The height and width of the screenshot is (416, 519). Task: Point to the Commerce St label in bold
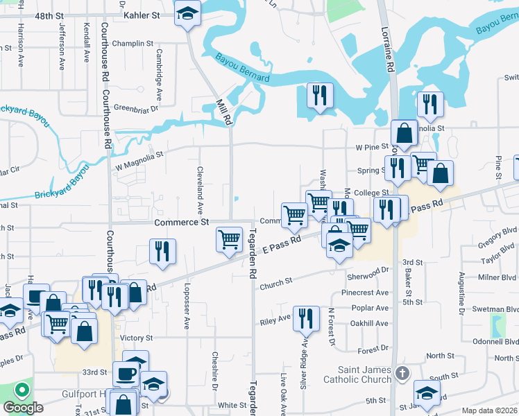[181, 223]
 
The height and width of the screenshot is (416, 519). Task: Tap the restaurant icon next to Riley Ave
[306, 319]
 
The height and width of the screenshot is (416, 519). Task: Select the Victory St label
[136, 338]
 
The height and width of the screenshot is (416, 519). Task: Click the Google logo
[23, 408]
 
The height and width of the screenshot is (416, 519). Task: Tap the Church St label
[276, 286]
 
